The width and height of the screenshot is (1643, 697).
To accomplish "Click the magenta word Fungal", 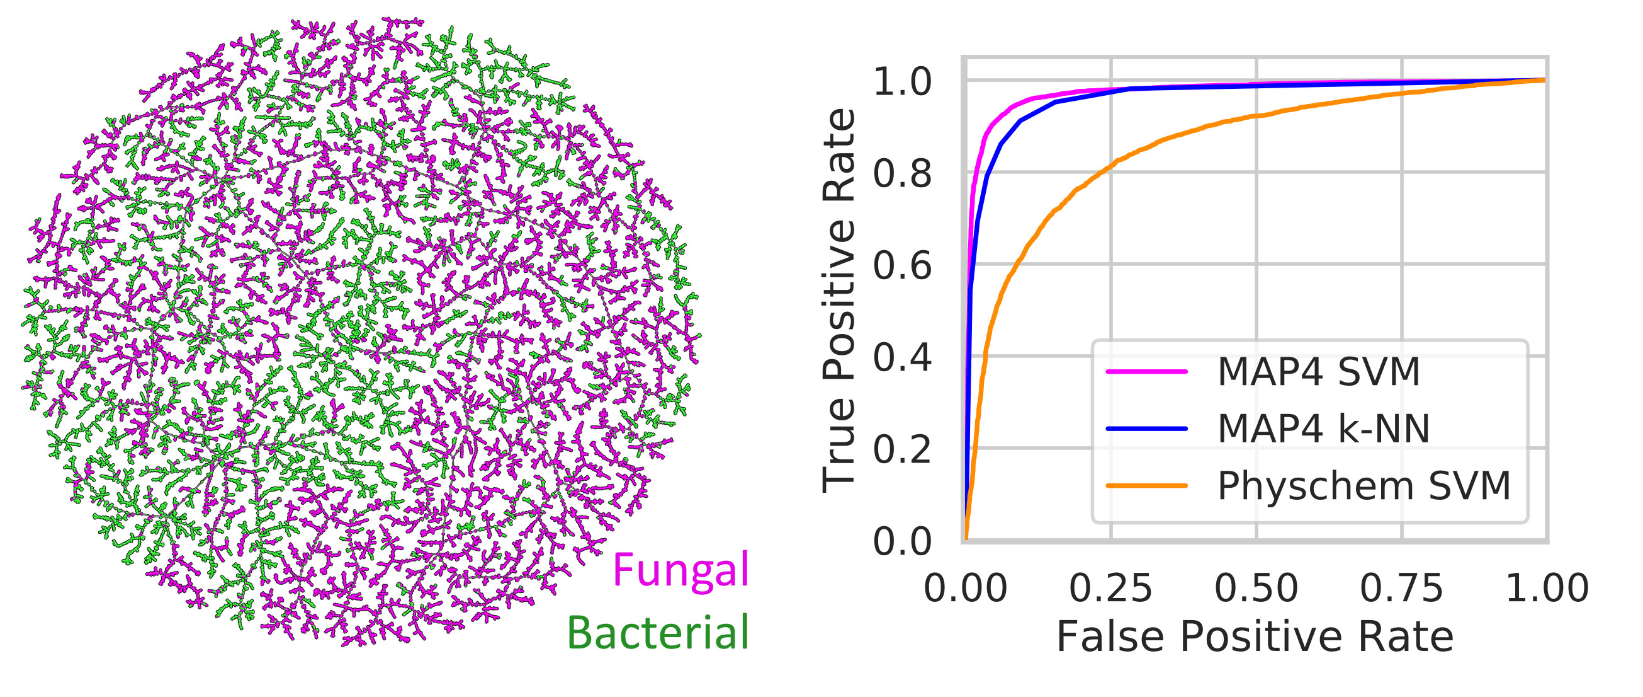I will (x=680, y=570).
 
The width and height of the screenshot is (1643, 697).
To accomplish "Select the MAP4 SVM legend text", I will (x=1318, y=371).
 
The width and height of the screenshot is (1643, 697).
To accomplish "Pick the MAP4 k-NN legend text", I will (x=1323, y=429).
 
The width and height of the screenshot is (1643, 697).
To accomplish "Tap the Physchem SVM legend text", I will (x=1364, y=486).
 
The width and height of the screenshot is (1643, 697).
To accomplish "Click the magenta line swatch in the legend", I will (x=1147, y=371).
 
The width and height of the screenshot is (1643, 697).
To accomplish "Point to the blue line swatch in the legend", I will (x=1147, y=429).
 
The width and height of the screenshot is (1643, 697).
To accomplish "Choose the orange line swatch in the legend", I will (x=1147, y=486).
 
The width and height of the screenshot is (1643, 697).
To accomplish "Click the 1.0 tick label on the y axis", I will (x=902, y=83).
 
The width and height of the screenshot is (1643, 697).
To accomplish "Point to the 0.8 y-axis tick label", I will (x=902, y=173).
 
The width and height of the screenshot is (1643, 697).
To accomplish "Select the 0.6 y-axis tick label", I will (x=902, y=265).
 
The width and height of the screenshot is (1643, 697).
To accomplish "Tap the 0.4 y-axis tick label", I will (x=902, y=357).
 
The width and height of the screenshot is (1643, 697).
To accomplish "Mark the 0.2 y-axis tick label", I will (x=902, y=449).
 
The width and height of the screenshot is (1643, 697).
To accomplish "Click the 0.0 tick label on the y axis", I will (x=902, y=542).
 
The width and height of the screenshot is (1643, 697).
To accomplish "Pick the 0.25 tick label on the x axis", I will (x=1110, y=588).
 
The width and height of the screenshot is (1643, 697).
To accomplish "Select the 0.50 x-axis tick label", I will (x=1256, y=588).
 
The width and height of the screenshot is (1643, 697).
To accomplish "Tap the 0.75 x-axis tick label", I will (x=1401, y=588).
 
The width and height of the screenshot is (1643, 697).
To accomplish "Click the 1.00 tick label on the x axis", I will (x=1547, y=588).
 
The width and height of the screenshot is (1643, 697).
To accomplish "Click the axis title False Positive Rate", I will (x=1255, y=637).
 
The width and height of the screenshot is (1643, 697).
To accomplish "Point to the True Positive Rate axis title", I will (x=839, y=300).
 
